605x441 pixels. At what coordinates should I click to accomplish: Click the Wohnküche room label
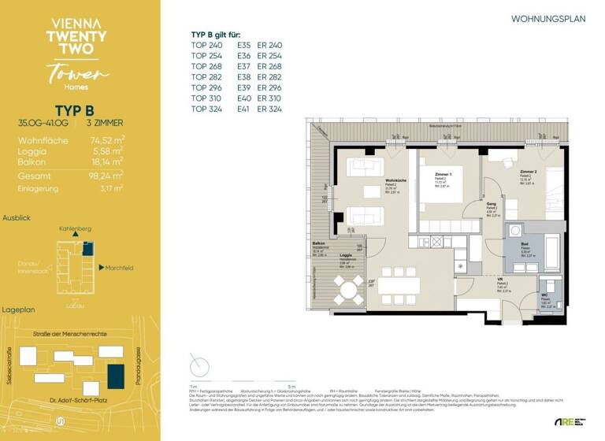tap(395, 180)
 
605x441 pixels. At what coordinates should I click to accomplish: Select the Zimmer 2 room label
tap(528, 172)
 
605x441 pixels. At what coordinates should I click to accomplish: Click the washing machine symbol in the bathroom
tap(515, 231)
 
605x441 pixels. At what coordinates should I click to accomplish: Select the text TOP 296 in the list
tap(208, 87)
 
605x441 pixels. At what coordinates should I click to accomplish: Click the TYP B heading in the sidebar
tap(75, 110)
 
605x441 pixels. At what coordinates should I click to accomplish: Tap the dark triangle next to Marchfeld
tap(102, 268)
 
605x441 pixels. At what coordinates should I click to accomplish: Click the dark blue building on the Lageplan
tap(116, 376)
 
